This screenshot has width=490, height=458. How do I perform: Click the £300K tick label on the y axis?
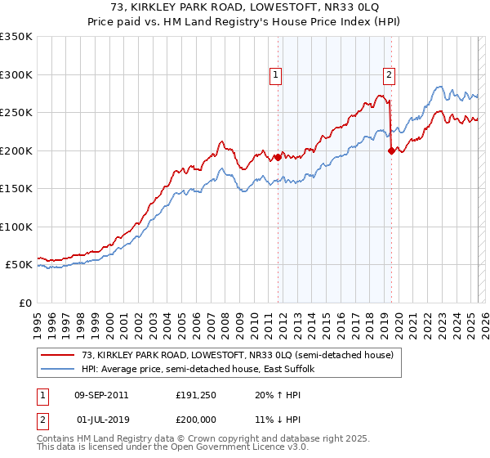[16, 74]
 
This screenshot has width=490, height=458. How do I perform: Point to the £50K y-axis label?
[19, 265]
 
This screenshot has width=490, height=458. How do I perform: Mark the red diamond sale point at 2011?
[278, 157]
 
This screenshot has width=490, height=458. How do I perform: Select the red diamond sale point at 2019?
[391, 150]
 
